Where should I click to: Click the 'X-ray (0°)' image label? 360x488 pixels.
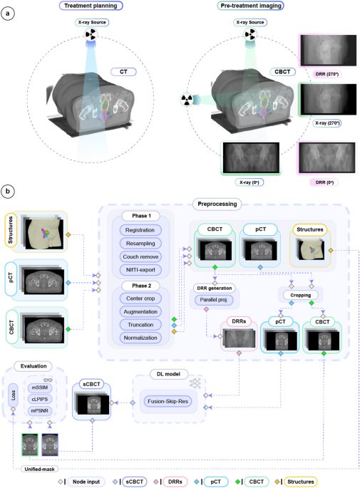(x=251, y=181)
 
